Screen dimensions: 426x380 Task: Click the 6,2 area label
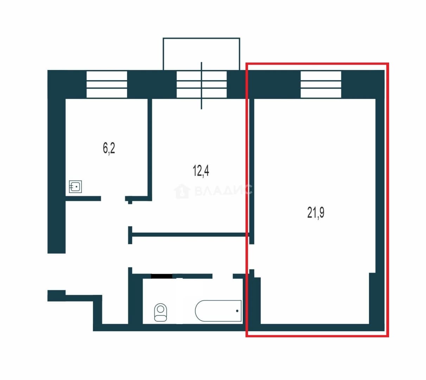pyautogui.click(x=109, y=148)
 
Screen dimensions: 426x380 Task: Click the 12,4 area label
pyautogui.click(x=201, y=171)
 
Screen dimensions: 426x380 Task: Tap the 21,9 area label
pyautogui.click(x=316, y=213)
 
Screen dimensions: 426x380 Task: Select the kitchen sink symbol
pyautogui.click(x=75, y=186)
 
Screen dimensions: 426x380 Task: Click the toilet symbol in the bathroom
pyautogui.click(x=160, y=312)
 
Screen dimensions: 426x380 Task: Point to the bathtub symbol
pyautogui.click(x=218, y=311)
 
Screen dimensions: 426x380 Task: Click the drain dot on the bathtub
pyautogui.click(x=237, y=311)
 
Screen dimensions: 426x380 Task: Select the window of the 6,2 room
pyautogui.click(x=107, y=84)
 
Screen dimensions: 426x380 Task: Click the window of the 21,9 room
pyautogui.click(x=321, y=84)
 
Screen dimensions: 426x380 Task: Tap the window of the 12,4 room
pyautogui.click(x=202, y=84)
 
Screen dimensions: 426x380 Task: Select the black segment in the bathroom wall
pyautogui.click(x=161, y=276)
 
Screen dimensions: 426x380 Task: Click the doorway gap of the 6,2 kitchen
pyautogui.click(x=113, y=198)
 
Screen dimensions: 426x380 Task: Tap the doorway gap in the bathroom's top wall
pyautogui.click(x=222, y=276)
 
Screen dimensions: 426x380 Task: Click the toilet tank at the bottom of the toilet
pyautogui.click(x=160, y=318)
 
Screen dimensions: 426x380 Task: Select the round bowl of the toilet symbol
pyautogui.click(x=161, y=309)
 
